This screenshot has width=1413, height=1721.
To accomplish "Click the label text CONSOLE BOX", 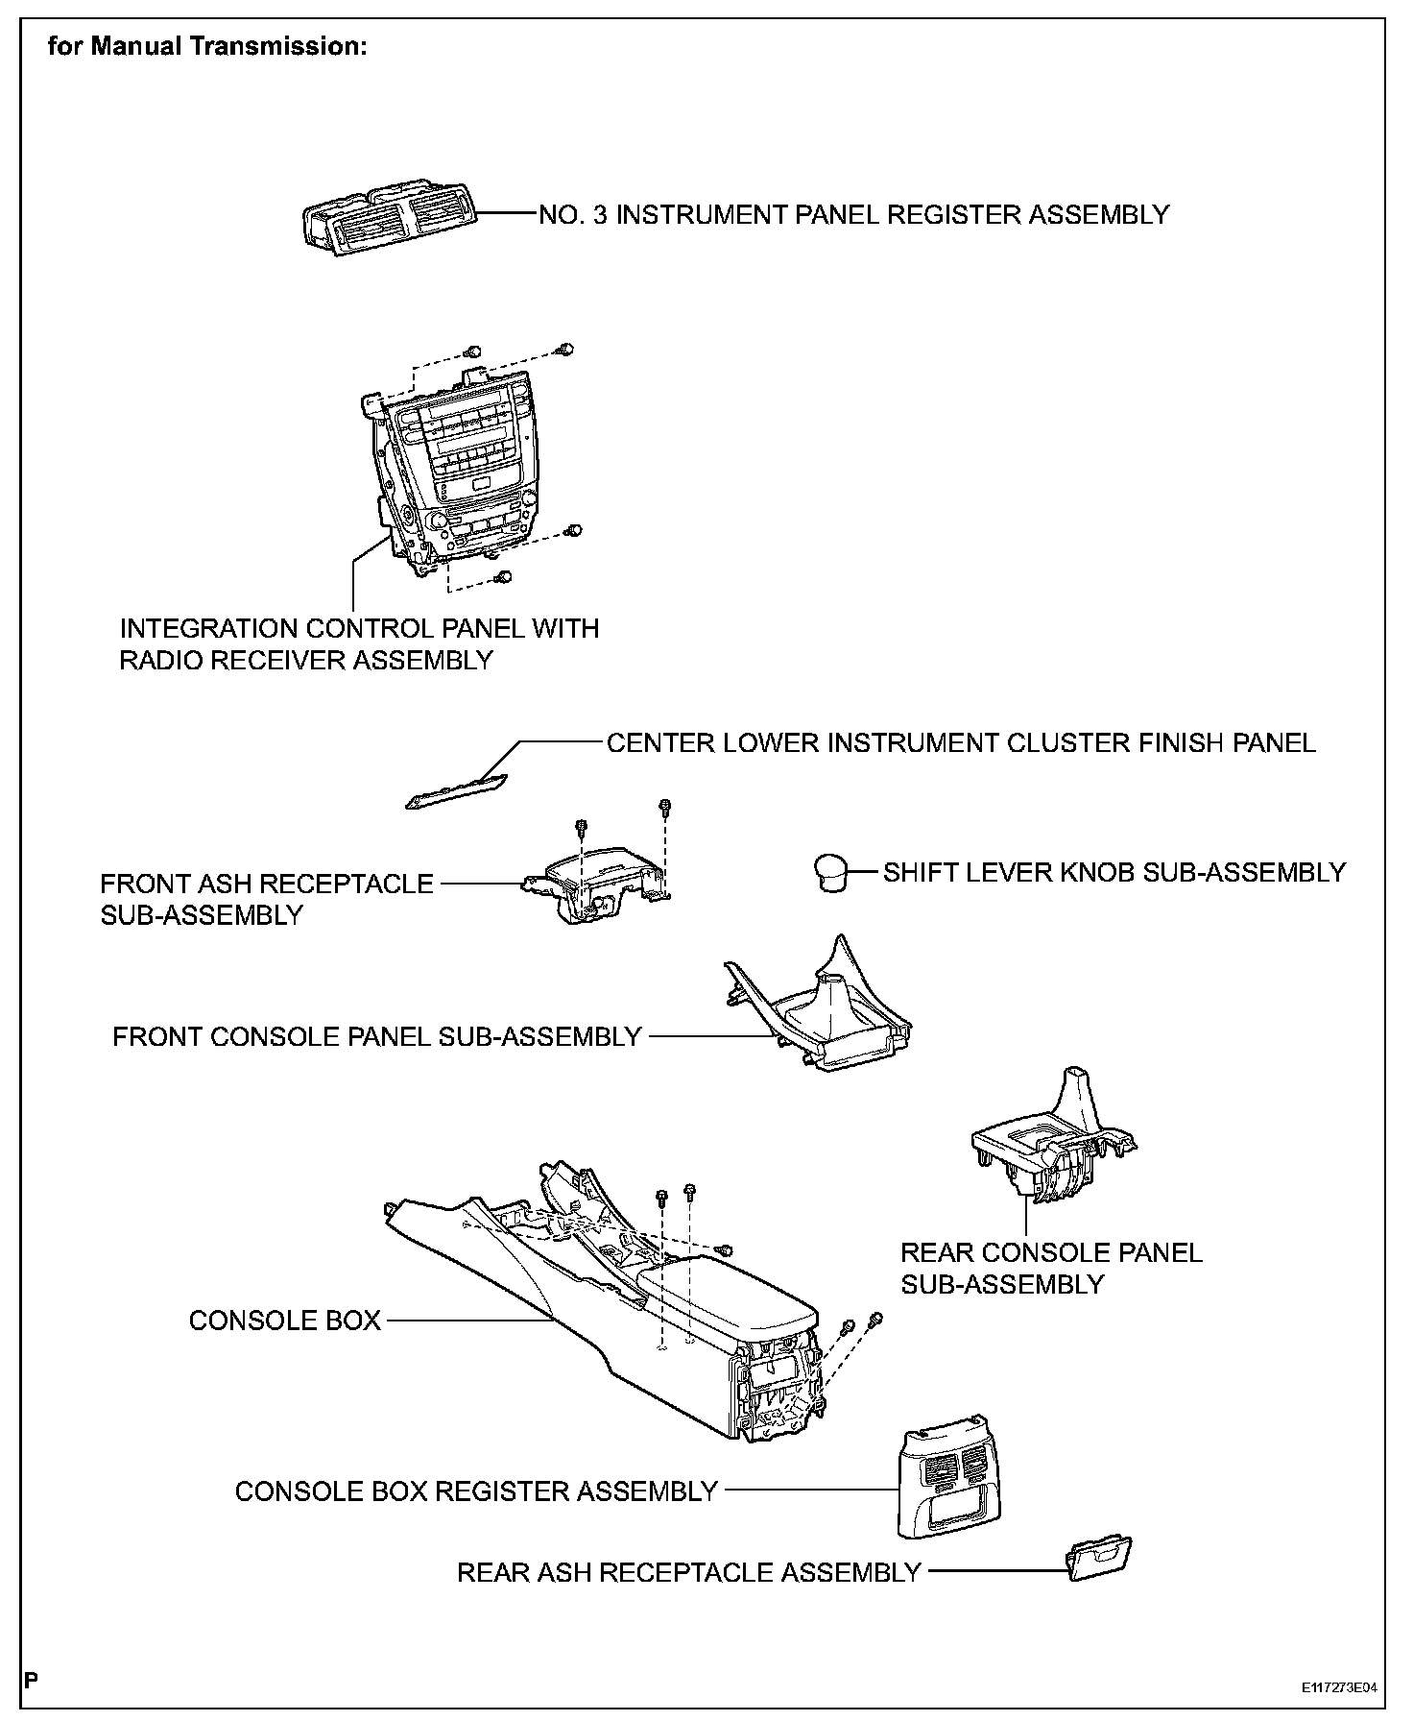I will pyautogui.click(x=285, y=1321).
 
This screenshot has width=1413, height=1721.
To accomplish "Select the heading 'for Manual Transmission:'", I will pyautogui.click(x=207, y=47).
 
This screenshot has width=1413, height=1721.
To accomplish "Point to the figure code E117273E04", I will pyautogui.click(x=1338, y=1687).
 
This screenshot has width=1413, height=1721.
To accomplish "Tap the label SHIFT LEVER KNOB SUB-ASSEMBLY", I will pyautogui.click(x=1114, y=872).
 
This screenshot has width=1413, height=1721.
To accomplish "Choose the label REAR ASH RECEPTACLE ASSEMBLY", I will pyautogui.click(x=688, y=1572).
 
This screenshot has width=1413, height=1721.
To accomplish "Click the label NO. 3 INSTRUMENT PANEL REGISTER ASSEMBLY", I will pyautogui.click(x=853, y=214).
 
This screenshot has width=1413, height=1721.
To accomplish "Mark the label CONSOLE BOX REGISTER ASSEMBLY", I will pyautogui.click(x=476, y=1491).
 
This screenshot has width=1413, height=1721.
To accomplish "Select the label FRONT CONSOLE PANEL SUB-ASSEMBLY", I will pyautogui.click(x=377, y=1036).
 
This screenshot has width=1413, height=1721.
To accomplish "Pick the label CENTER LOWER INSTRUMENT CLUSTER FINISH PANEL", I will pyautogui.click(x=961, y=742).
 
